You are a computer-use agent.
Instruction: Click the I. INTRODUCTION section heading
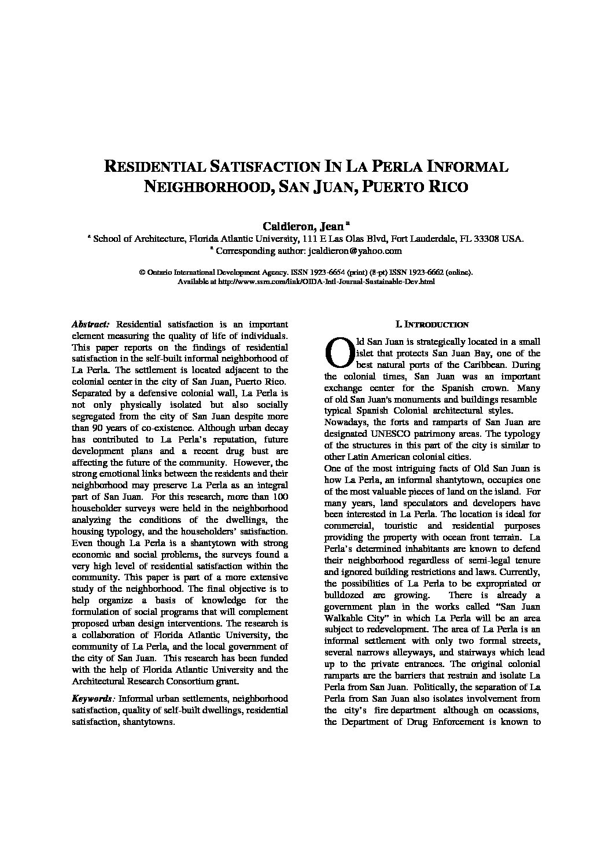tap(432, 325)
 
